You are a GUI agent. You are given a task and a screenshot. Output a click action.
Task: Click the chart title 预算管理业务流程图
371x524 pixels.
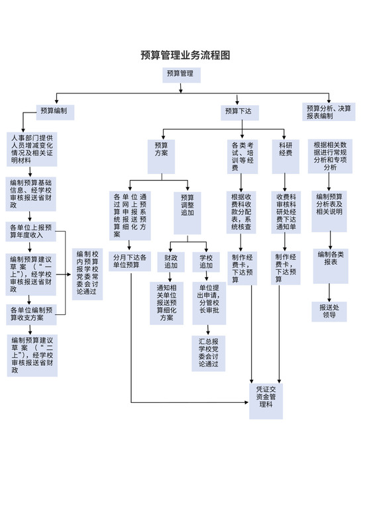[185, 56]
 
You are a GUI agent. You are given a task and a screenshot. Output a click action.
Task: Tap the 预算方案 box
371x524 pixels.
[162, 150]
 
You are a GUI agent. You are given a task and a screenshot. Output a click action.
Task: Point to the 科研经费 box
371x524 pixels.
[286, 150]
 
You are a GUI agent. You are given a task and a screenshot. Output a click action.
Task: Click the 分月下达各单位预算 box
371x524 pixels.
[130, 261]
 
